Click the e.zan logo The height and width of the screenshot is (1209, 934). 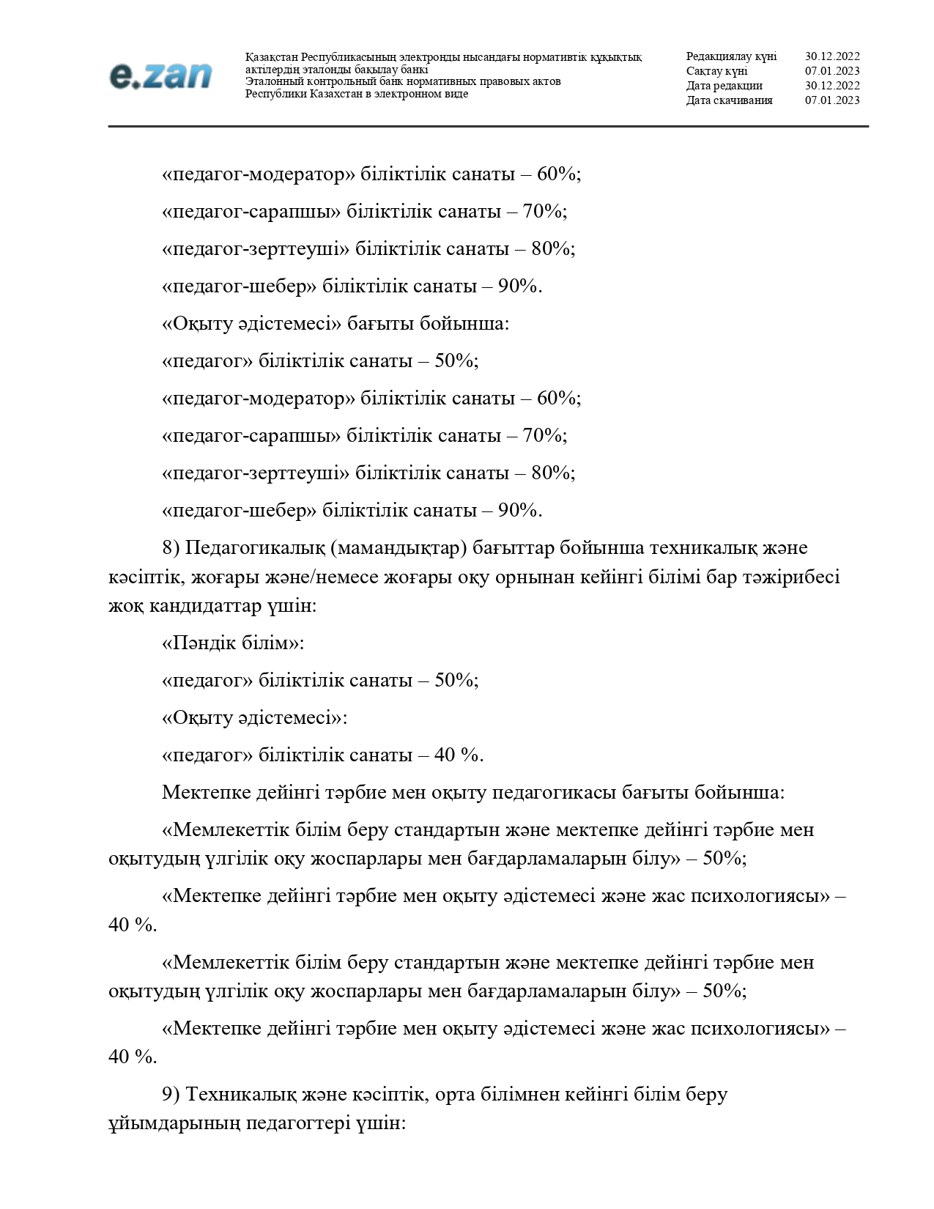pos(160,75)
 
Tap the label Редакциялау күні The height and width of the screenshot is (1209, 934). pos(731,56)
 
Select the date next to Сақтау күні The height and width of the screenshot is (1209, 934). pos(832,71)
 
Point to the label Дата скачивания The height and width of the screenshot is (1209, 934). pos(729,100)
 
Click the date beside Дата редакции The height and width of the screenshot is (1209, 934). pos(832,86)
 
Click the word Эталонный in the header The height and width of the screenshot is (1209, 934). pos(270,81)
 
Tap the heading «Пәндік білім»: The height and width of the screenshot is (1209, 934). pos(232,643)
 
